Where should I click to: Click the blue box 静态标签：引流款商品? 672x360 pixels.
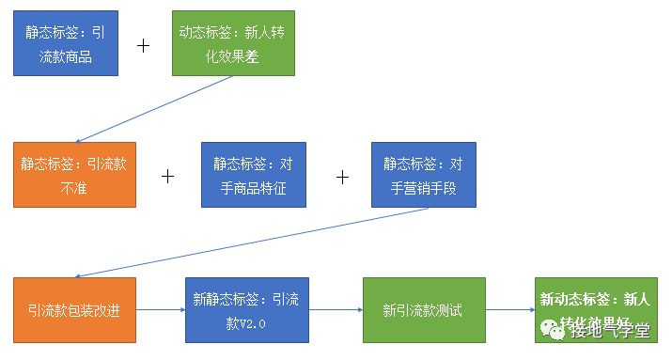[66, 44]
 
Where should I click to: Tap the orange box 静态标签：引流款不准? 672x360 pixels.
[74, 175]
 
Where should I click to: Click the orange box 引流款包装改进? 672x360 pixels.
[74, 310]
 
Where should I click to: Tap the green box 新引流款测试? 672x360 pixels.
[424, 310]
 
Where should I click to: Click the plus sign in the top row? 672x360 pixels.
[144, 44]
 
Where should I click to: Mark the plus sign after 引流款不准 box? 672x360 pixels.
[168, 176]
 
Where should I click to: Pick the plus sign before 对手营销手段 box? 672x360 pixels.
[343, 176]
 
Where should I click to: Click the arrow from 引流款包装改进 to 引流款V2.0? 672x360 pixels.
[160, 310]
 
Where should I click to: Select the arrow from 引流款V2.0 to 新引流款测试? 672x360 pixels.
[336, 310]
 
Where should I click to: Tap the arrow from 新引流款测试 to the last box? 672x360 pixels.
[510, 310]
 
